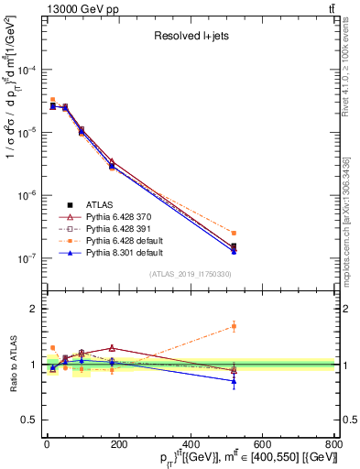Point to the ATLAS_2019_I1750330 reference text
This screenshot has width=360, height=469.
(191, 273)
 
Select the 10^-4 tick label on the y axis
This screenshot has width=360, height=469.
(27, 70)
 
